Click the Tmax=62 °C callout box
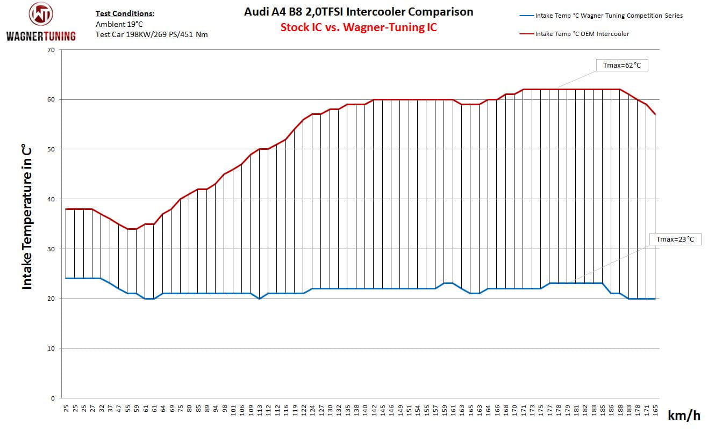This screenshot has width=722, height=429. coord(622,66)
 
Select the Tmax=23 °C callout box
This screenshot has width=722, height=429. coord(675,239)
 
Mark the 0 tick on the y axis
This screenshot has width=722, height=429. coord(53,398)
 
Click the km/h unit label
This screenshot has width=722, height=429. coord(684,415)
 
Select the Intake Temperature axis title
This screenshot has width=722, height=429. coord(27,217)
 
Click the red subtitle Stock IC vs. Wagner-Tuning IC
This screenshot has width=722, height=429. coord(359,27)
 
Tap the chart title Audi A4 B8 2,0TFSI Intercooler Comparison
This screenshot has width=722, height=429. coord(359,11)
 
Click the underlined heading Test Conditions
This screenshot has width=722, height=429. coord(125,14)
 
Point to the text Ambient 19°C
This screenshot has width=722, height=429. coord(119,24)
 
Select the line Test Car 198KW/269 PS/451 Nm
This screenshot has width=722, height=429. coord(152,34)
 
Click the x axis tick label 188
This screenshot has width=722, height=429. coord(620,412)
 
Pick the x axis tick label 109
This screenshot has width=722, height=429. coord(251,412)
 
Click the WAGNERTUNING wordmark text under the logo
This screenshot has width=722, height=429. coord(41,37)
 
